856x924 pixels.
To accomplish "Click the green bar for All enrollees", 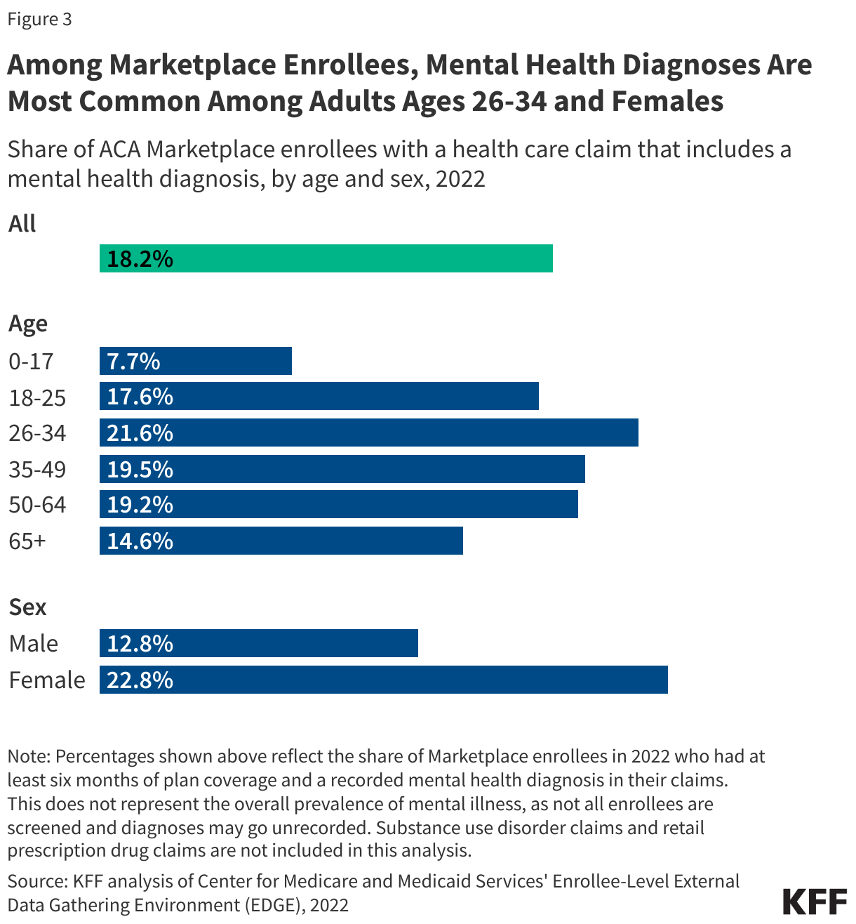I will coord(326,258).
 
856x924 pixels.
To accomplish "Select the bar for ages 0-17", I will coord(196,361).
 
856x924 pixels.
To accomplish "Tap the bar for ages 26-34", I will coord(369,433).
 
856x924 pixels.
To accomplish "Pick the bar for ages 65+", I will coord(281,541).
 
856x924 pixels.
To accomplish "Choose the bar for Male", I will coord(259,643).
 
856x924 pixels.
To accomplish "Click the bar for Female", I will coord(384,680).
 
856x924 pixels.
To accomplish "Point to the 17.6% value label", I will coord(140,397).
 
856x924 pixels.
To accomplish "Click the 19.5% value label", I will coord(140,469).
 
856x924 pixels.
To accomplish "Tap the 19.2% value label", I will coord(140,505).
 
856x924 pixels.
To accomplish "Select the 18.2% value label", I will coord(140,259).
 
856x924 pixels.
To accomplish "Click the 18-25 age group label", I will coord(37,397).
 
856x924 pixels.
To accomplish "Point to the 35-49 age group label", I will coord(37,469).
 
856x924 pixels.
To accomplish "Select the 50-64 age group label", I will coord(37,505).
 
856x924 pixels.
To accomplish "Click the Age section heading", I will coord(28,324).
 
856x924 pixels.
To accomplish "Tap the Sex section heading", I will coord(27,607).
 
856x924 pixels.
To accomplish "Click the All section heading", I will coord(22,224).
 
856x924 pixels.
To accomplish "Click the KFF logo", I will coord(814,902).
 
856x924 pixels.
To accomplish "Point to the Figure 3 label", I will coord(39,19).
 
